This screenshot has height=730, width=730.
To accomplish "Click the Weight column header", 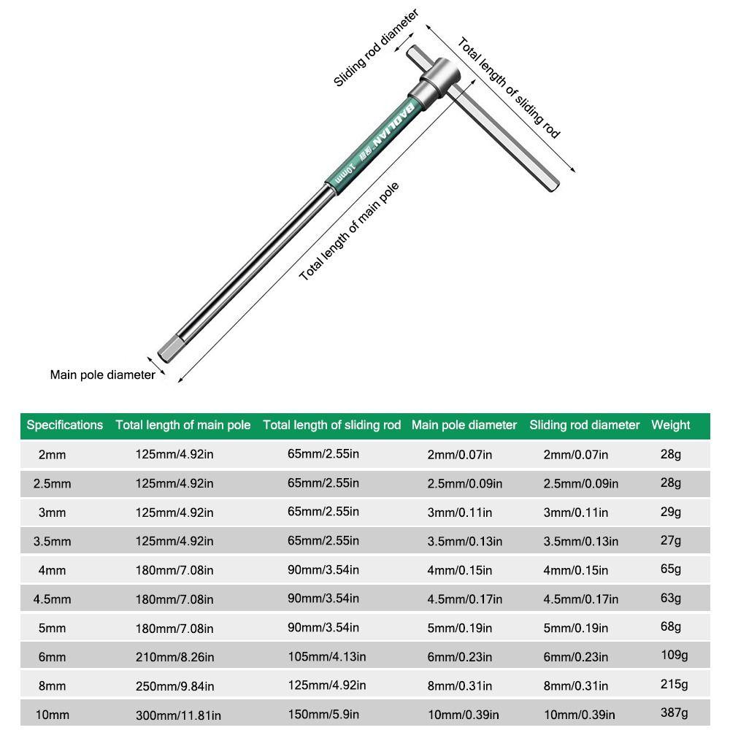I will click(x=670, y=425).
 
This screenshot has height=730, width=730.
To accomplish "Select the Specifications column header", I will click(x=64, y=425).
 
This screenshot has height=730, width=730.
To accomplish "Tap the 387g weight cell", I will click(x=674, y=713).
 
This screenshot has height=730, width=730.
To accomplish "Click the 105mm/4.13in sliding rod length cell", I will click(x=326, y=656).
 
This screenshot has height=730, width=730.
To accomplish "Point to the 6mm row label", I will click(x=52, y=657).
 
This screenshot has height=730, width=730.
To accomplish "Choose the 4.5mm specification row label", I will click(x=52, y=599).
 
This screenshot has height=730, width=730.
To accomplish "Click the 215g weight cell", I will click(x=674, y=684).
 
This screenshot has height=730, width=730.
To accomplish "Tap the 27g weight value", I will click(x=670, y=540).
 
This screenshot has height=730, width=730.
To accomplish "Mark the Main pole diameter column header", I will click(x=464, y=425).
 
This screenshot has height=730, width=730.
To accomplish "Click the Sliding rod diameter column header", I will click(x=584, y=425).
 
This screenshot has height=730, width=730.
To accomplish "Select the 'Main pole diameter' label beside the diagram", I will click(x=102, y=374).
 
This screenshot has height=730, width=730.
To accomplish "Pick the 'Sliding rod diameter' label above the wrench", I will click(x=376, y=47).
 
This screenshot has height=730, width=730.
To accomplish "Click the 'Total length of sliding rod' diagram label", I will click(x=509, y=88).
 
